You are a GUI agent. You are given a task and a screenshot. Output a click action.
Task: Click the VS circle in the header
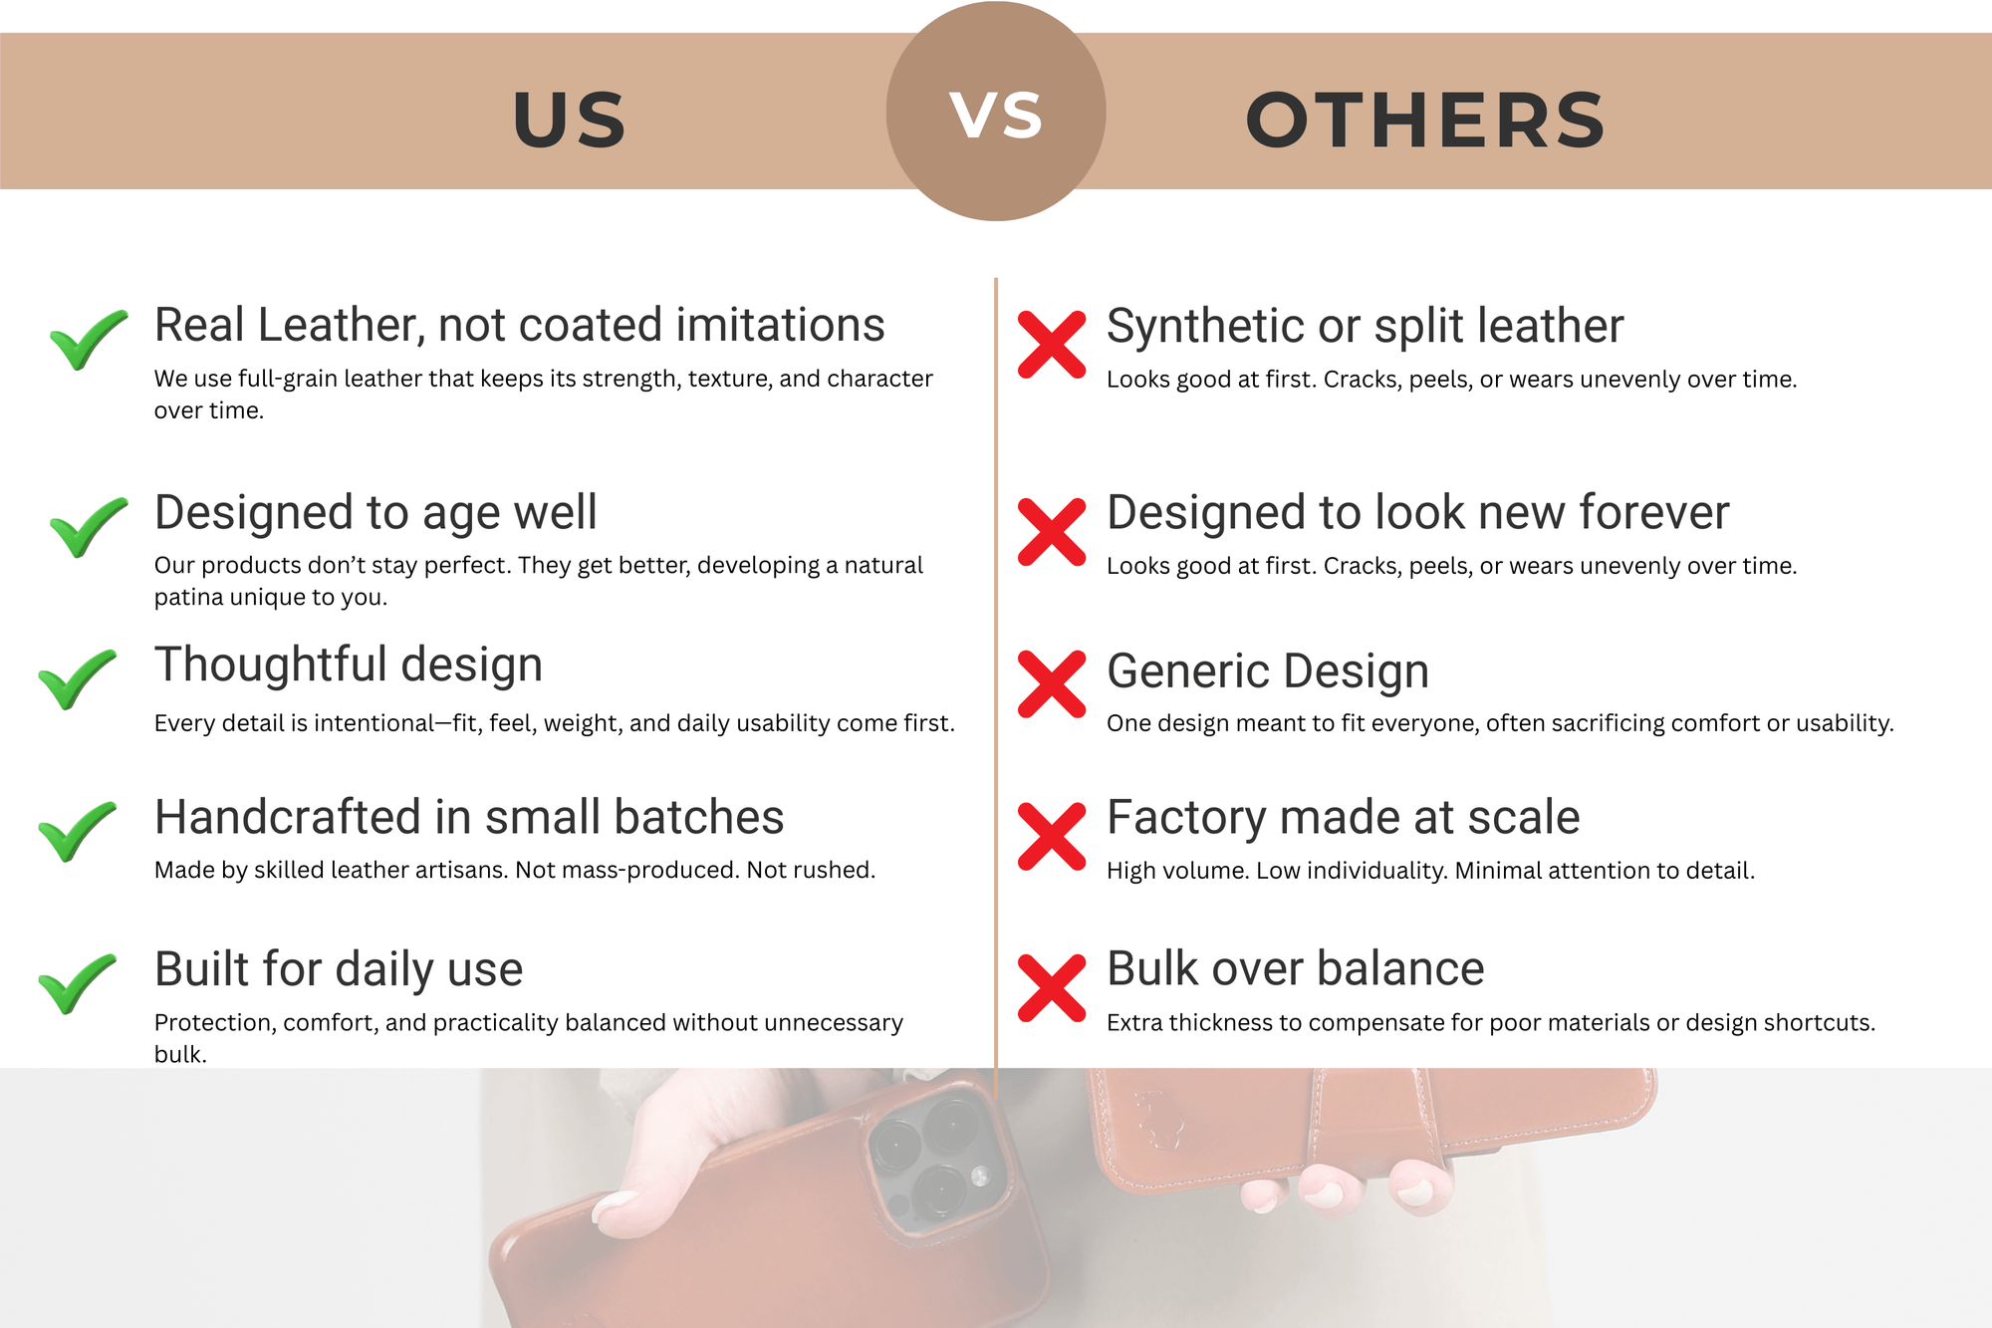pyautogui.click(x=996, y=112)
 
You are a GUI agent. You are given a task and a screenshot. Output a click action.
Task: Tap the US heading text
pyautogui.click(x=569, y=121)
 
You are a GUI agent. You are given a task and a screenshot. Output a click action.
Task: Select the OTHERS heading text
pyautogui.click(x=1425, y=121)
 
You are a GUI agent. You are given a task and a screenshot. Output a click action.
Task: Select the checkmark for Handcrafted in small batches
pyautogui.click(x=77, y=831)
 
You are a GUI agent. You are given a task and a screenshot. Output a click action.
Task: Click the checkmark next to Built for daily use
pyautogui.click(x=77, y=983)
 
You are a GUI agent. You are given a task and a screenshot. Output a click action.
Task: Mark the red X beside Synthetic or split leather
pyautogui.click(x=1052, y=345)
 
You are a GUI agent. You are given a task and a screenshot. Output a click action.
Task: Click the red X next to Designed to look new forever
pyautogui.click(x=1052, y=532)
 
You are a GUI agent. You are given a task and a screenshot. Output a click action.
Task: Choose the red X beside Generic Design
pyautogui.click(x=1052, y=684)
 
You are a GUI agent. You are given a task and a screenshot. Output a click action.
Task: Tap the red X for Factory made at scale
pyautogui.click(x=1052, y=837)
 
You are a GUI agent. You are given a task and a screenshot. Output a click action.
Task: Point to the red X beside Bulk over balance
pyautogui.click(x=1052, y=988)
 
